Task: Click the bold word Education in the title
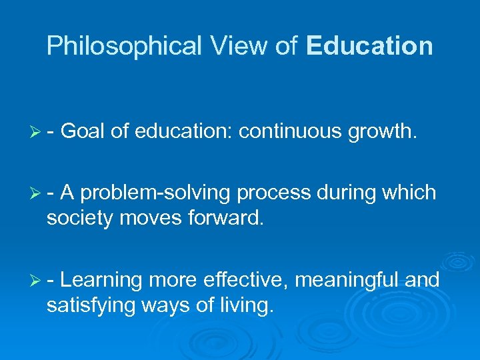click(369, 46)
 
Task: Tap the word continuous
click(290, 132)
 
